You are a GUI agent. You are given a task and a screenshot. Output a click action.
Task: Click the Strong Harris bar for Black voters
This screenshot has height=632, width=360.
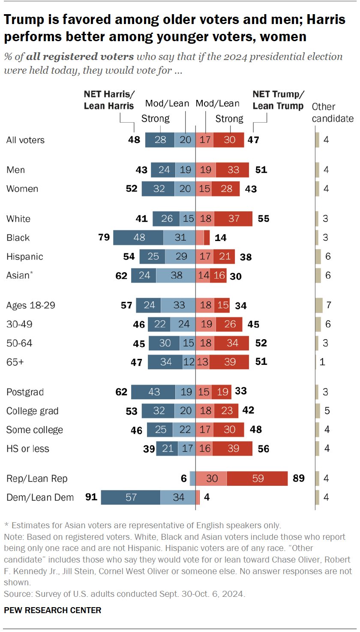coord(138,238)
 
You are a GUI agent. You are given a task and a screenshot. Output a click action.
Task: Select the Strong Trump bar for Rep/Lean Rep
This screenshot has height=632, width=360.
coord(257,479)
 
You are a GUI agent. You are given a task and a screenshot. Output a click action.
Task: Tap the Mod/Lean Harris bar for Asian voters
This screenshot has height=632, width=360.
coord(176,275)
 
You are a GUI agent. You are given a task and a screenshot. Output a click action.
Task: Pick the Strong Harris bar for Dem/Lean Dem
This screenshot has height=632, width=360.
coord(131,497)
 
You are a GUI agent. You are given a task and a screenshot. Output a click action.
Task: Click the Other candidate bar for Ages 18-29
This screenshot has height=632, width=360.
coord(318,305)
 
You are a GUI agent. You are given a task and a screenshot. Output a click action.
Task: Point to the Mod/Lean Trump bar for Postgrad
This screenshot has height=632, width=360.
coord(204,392)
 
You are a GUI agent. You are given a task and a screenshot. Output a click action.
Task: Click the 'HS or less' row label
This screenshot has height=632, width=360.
coord(28,448)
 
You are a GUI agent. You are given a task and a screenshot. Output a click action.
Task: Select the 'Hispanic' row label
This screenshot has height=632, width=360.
coord(25,256)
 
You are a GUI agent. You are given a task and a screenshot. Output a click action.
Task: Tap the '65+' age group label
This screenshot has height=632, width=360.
coord(15,362)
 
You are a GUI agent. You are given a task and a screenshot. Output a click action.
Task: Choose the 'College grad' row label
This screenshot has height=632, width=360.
coord(32,411)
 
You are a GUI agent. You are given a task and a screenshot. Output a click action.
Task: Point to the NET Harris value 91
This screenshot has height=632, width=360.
coord(92,497)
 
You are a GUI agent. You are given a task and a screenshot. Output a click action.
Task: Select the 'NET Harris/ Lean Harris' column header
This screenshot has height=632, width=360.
coord(109,100)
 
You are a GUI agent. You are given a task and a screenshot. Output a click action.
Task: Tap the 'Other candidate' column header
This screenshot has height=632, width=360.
coord(332,112)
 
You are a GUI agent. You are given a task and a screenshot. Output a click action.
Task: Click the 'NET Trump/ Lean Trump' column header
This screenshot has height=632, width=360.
coord(278,100)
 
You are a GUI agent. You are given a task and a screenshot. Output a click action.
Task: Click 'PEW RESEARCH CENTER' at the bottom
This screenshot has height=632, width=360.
coord(53,610)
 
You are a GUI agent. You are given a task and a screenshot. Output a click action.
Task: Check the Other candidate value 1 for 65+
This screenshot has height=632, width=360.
coord(322,362)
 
